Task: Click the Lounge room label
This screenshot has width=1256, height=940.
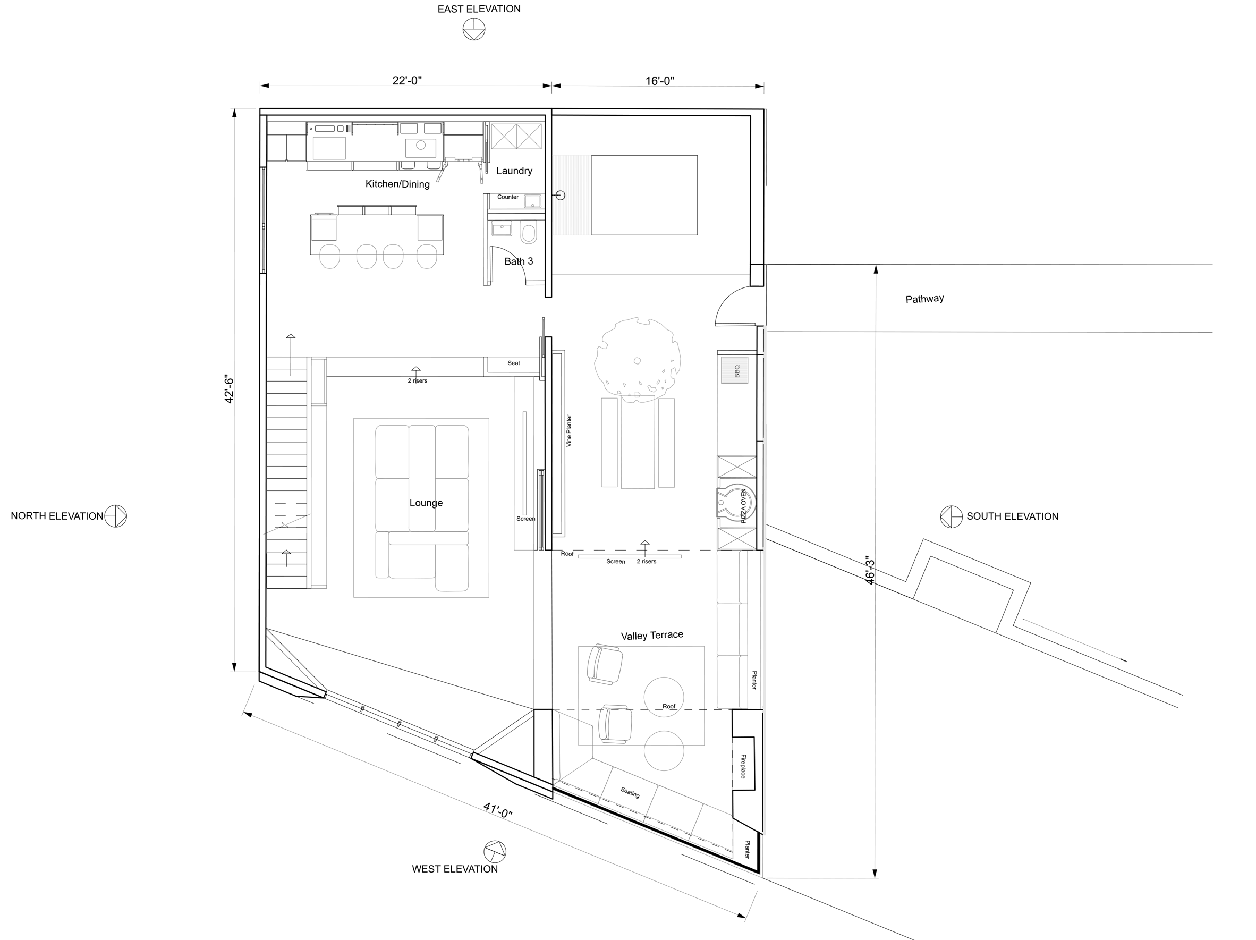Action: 426,503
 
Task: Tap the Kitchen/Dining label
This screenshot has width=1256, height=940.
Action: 397,184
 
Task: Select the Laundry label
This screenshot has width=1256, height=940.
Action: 514,171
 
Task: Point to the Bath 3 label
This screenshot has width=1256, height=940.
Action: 519,261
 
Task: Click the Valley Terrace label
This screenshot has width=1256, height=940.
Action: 652,636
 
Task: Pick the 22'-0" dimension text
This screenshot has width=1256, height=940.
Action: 407,81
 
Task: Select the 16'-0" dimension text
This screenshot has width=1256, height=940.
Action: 659,81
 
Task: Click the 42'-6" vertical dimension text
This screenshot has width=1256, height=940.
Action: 230,389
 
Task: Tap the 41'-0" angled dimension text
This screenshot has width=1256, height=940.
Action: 498,810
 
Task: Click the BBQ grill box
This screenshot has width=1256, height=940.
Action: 735,370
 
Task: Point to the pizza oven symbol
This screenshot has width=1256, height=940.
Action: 737,503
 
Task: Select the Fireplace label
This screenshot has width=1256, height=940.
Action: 743,766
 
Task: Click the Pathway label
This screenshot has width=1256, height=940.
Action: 924,299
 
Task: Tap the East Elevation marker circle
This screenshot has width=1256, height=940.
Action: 473,29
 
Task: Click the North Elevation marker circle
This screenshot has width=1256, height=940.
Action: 115,516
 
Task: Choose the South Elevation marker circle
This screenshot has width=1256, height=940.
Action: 952,517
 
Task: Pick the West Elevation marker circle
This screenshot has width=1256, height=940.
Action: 495,852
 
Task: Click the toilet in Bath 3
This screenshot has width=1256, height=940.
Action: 528,233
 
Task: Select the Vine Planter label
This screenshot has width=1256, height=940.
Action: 569,430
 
